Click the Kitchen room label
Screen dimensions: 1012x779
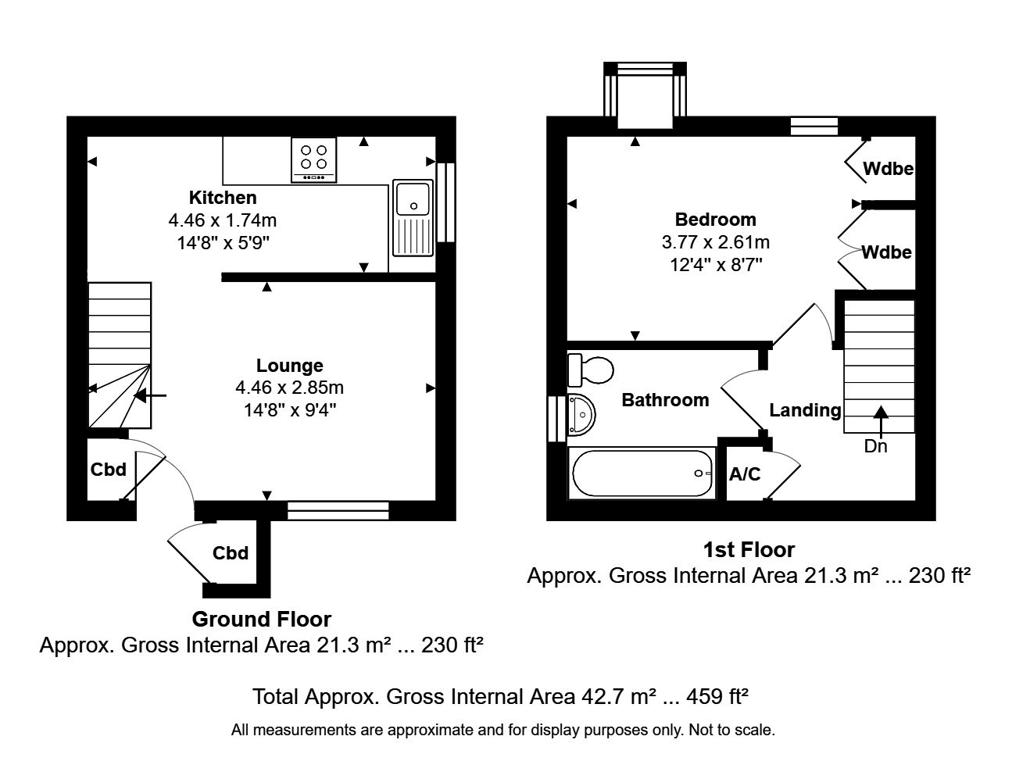click(x=223, y=197)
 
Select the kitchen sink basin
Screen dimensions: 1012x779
click(x=413, y=198)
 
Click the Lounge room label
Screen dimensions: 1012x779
click(x=289, y=366)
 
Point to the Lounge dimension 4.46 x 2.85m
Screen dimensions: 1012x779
click(x=289, y=388)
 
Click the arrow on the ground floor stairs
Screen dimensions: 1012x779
click(x=151, y=396)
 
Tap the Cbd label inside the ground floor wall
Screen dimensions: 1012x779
click(x=108, y=470)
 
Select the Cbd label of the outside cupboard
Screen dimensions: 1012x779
click(x=231, y=553)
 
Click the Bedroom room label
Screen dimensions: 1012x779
click(x=715, y=220)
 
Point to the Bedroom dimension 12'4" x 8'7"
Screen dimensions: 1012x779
click(x=715, y=265)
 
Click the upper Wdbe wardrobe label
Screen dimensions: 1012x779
click(x=889, y=169)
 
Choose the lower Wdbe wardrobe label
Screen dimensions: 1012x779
click(x=887, y=252)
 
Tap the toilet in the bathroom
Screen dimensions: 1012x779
click(x=591, y=370)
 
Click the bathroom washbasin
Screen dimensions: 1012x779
click(x=581, y=414)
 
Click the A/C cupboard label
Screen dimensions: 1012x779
click(x=744, y=474)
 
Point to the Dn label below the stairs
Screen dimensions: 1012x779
click(x=875, y=447)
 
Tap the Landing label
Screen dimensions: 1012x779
click(x=805, y=410)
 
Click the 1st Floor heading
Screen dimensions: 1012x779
click(x=749, y=550)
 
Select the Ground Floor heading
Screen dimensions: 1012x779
click(x=262, y=620)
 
